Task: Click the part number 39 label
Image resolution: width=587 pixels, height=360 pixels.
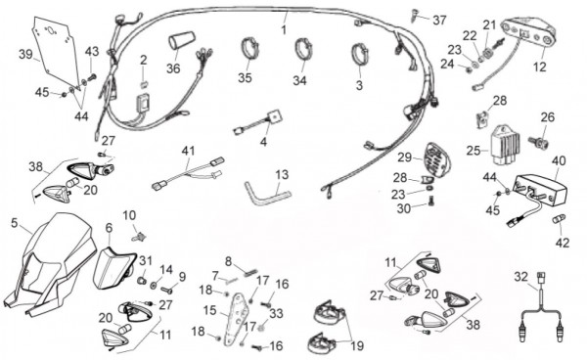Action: [25, 55]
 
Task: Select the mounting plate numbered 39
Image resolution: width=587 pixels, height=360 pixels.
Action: [56, 51]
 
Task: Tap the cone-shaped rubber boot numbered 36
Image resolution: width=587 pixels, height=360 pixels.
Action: [182, 41]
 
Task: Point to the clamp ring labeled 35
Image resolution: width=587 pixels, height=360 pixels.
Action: [248, 48]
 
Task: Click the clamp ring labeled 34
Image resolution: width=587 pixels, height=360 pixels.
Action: [303, 49]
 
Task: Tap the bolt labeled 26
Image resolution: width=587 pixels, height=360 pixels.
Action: [539, 142]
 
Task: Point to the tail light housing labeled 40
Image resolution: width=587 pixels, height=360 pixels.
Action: [540, 190]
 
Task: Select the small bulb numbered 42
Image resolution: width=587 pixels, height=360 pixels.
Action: [560, 219]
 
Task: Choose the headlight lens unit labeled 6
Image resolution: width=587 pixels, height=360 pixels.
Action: [113, 268]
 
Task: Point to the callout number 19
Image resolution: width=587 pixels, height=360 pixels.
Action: [357, 346]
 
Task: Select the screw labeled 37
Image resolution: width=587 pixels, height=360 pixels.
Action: [416, 15]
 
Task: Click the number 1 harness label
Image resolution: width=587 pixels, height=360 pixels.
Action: [284, 29]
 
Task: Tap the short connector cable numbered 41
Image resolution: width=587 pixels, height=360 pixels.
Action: [187, 174]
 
